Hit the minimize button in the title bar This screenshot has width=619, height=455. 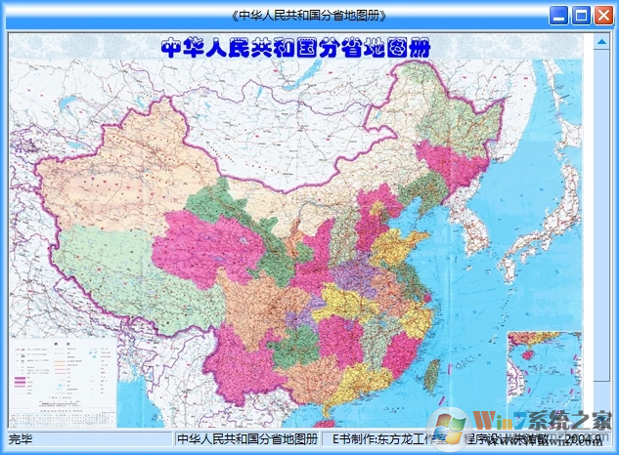(558, 15)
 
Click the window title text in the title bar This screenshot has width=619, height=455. (309, 15)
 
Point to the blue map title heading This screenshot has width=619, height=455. (294, 47)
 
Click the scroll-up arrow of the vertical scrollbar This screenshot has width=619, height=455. (600, 40)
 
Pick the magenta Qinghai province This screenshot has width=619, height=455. (210, 244)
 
